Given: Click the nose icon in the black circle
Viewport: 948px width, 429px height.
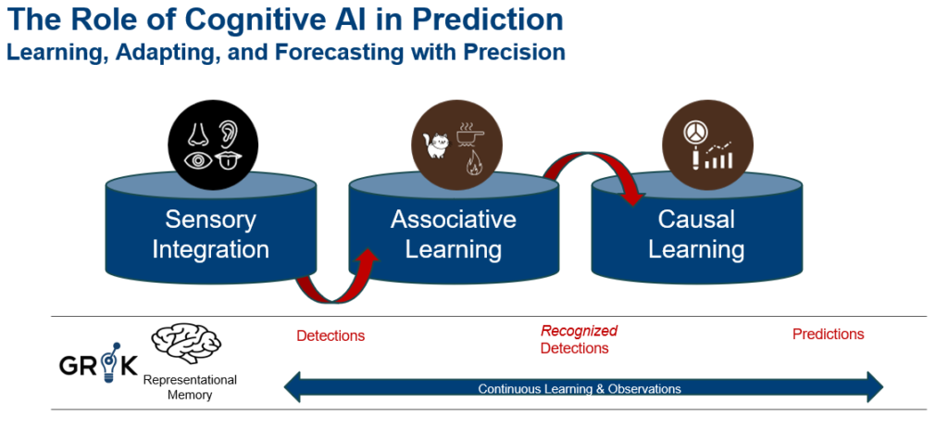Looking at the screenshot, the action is tap(198, 133).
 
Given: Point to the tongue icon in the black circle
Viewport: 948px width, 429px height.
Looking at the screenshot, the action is tap(229, 161).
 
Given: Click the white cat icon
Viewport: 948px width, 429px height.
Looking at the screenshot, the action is tap(438, 145).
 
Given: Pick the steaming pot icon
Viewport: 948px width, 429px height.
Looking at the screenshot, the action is tap(469, 135).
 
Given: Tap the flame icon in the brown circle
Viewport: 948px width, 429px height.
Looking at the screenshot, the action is tap(473, 163).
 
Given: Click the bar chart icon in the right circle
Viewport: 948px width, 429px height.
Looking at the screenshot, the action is tap(718, 156).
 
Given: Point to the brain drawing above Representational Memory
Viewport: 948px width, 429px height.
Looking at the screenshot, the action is tap(185, 343).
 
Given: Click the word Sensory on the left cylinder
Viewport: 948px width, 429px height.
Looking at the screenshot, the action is tap(210, 220).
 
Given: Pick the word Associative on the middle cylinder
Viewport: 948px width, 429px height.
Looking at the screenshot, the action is tap(454, 219).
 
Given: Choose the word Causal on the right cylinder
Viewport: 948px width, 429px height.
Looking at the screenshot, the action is tap(696, 219).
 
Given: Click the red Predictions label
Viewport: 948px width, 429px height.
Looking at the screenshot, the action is tap(829, 334).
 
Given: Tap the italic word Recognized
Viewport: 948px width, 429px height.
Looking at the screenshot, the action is tap(580, 331).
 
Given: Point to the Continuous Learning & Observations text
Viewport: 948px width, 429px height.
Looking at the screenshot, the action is tap(580, 388).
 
